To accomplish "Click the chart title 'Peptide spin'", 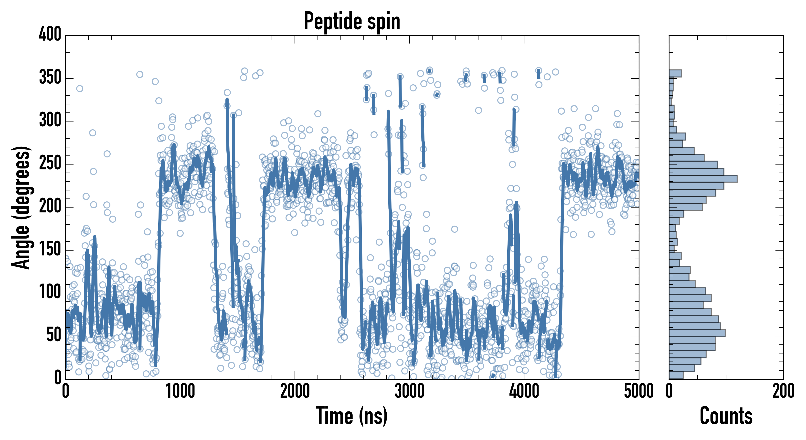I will [x=352, y=21].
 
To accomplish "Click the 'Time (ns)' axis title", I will [x=352, y=416].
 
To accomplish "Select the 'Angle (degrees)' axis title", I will [x=21, y=207].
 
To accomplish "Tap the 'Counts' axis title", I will [x=726, y=416].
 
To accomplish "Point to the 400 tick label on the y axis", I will [x=50, y=34].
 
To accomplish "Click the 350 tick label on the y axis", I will [x=50, y=77].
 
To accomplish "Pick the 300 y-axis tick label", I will [x=50, y=120].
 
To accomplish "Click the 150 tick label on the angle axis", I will [x=50, y=250].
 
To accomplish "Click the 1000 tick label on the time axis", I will [x=180, y=391].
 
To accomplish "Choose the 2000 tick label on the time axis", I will [x=295, y=391].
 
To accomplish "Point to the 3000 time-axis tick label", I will [x=409, y=391].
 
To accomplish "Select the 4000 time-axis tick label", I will [x=524, y=391].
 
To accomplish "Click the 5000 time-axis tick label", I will [x=639, y=391].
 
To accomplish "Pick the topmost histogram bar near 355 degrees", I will [x=675, y=74].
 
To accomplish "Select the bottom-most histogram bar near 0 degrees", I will [x=676, y=375].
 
